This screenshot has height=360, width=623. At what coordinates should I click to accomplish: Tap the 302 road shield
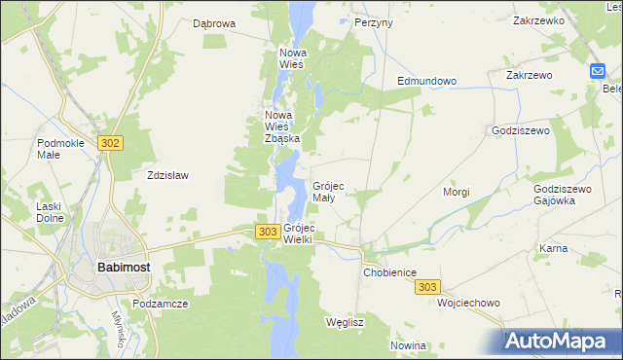click(x=110, y=143)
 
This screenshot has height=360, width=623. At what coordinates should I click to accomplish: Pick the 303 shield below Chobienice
click(x=427, y=287)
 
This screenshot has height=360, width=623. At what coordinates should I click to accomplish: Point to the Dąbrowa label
click(x=214, y=22)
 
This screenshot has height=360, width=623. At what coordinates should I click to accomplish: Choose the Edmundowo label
click(x=426, y=82)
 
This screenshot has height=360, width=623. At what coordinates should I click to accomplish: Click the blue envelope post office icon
click(x=597, y=71)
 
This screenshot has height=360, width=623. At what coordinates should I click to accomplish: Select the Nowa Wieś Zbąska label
click(x=282, y=126)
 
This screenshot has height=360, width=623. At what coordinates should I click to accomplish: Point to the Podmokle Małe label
click(x=60, y=150)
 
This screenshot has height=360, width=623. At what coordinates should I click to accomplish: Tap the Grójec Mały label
click(x=327, y=191)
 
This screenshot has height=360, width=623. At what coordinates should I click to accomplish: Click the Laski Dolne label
click(x=49, y=212)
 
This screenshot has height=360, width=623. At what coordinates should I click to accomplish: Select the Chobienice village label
click(x=390, y=273)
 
